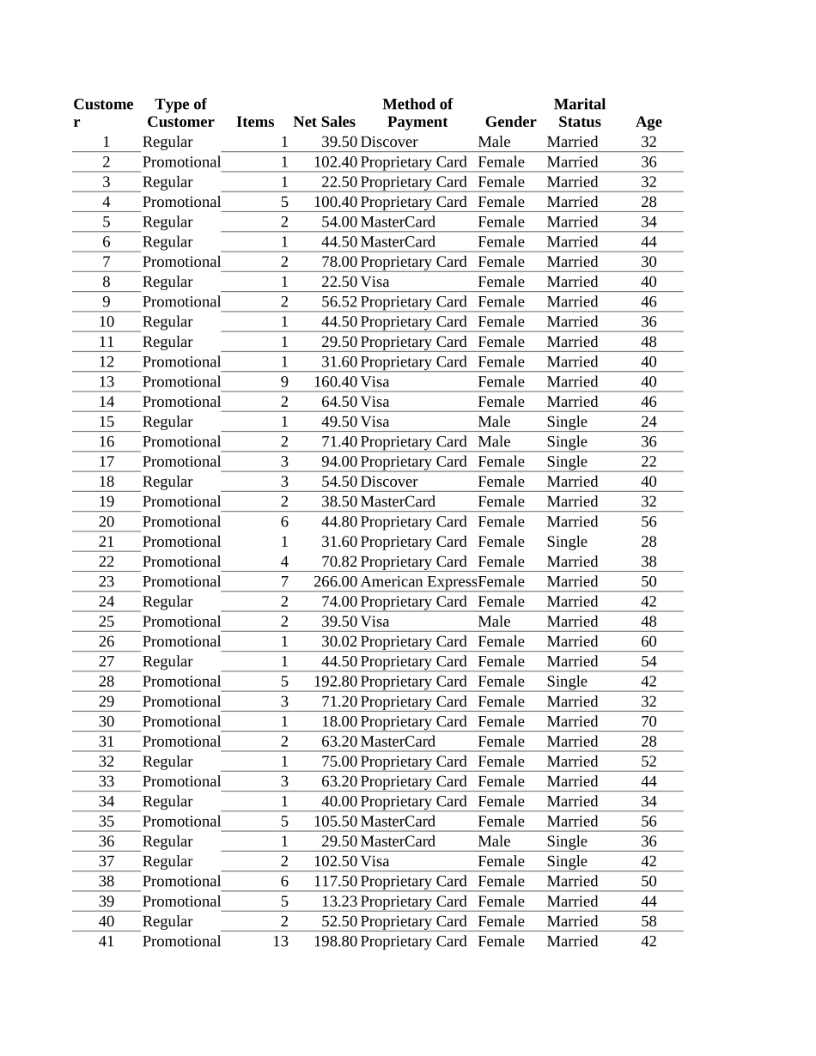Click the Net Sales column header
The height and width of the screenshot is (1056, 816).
coord(324,122)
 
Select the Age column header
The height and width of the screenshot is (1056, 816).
coord(649,122)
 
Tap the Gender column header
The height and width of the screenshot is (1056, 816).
coord(510,122)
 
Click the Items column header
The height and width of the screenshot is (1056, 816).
coord(255,122)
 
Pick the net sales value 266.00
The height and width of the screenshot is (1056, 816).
coord(335,582)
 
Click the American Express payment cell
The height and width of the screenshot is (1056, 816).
coord(418,582)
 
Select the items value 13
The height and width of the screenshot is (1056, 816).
coord(280,942)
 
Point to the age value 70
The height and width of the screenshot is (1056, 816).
coord(649,722)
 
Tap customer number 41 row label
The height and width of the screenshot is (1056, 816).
coord(107,942)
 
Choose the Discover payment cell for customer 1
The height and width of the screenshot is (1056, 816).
coord(389,143)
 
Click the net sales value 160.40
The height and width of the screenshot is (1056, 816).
coord(335,382)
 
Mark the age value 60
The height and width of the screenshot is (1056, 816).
coord(649,642)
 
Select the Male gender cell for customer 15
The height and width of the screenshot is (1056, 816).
coord(494,422)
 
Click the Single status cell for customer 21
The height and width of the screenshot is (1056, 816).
coord(567,542)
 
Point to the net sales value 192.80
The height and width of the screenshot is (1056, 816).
coord(335,682)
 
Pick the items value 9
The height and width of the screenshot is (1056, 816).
coord(284,382)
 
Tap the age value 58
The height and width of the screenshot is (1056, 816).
coord(649,921)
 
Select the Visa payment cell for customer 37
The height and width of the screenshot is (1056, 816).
coord(375,861)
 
